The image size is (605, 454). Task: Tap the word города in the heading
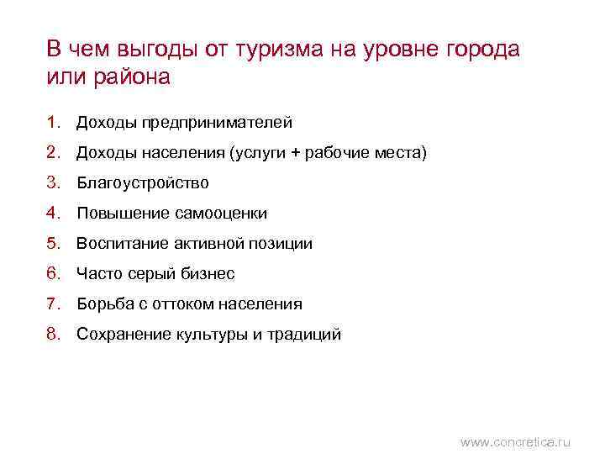click(x=481, y=49)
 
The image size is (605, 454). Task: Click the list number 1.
click(x=54, y=123)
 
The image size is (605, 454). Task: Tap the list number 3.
click(x=54, y=182)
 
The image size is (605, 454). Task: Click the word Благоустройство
click(x=143, y=182)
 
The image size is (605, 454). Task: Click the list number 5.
click(x=54, y=244)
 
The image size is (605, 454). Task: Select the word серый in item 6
click(x=152, y=274)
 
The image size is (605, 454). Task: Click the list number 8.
click(x=54, y=335)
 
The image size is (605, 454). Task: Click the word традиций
click(x=304, y=335)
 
